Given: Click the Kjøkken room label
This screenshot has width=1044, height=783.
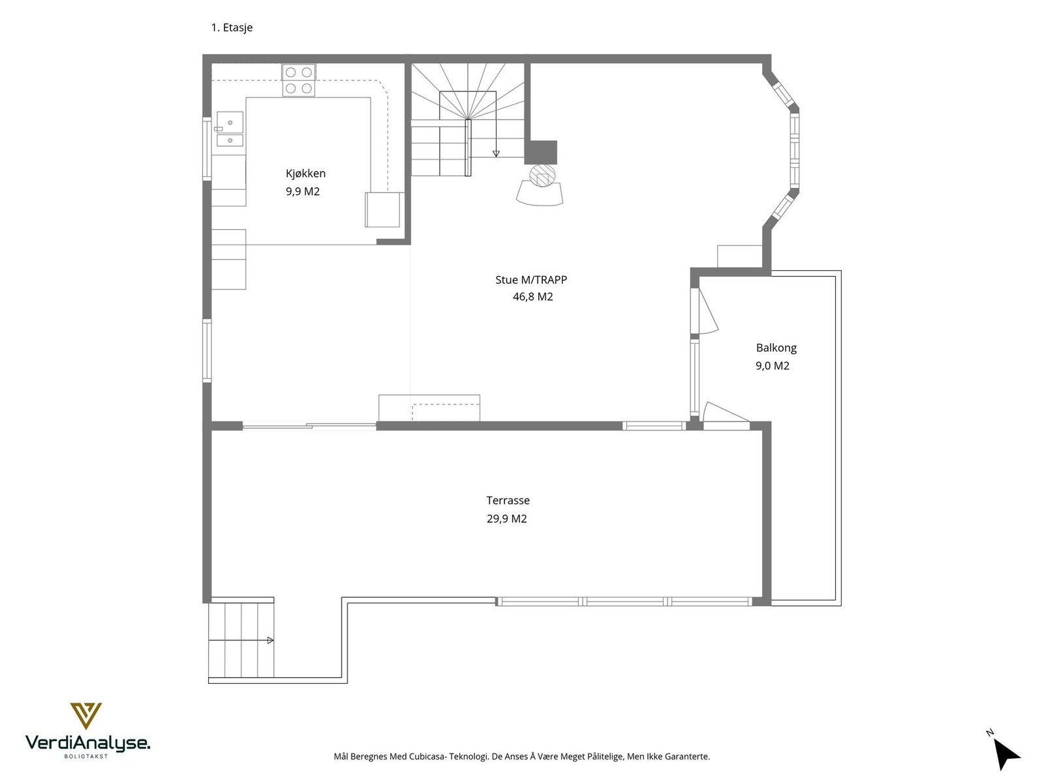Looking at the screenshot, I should pos(305,174).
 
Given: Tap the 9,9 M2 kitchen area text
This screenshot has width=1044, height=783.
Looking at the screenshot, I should pos(303,192).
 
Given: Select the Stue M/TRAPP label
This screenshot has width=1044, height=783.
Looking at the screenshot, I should pos(531,280).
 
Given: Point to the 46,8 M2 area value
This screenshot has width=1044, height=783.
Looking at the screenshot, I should pos(532,297).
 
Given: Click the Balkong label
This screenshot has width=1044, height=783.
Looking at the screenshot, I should pos(776,348).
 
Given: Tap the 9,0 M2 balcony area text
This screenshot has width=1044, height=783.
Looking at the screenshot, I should pos(773,366).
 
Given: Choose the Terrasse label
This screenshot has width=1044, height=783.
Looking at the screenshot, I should pos(508,500).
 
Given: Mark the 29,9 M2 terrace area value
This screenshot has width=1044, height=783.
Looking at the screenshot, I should pos(506,519).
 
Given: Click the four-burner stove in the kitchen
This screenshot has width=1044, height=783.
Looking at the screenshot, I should pos(299,80).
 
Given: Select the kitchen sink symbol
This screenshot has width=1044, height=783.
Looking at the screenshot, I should pos(230,129).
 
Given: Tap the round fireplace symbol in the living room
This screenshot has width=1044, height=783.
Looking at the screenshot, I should pos(542,175).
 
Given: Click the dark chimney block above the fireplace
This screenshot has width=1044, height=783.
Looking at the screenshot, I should pos(541,152).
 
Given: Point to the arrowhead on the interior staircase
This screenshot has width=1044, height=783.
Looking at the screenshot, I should pos(496,154).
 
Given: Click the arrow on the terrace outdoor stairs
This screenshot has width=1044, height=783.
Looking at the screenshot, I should pos(270,641).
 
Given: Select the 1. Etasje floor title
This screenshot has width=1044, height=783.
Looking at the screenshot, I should pos(232,27).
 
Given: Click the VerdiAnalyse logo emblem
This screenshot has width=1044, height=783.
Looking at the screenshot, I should pos(85,716).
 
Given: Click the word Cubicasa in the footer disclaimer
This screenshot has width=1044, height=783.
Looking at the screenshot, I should pos(427,757).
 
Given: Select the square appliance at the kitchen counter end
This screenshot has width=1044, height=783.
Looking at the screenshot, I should pos(382,209).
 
